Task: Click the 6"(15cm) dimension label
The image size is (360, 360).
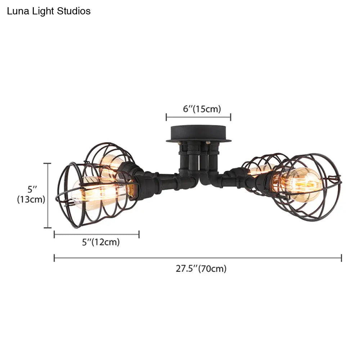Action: tap(202, 109)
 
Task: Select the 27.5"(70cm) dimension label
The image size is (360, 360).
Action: tap(201, 269)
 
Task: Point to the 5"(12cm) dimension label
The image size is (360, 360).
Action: tap(101, 242)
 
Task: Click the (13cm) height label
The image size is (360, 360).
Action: tap(31, 199)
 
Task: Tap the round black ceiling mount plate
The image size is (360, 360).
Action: tap(199, 134)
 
